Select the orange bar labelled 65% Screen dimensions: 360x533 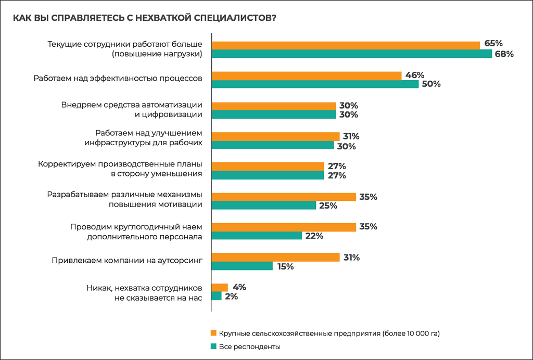tap(346, 45)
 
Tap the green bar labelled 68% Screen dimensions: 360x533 tap(352, 54)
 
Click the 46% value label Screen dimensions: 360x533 tap(415, 75)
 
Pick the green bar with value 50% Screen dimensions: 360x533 tap(315, 84)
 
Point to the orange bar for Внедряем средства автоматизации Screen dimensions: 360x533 tap(274, 106)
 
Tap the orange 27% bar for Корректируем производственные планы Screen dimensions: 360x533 tap(268, 166)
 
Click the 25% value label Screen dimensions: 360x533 tap(328, 205)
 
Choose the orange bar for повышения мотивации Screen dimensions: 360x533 tap(284, 197)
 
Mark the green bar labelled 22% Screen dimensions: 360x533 tap(257, 236)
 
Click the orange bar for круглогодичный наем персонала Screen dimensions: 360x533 tap(284, 227)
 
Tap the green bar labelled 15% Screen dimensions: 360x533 tap(242, 266)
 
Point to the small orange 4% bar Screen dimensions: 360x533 tap(220, 287)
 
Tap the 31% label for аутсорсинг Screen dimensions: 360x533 tap(351, 258)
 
